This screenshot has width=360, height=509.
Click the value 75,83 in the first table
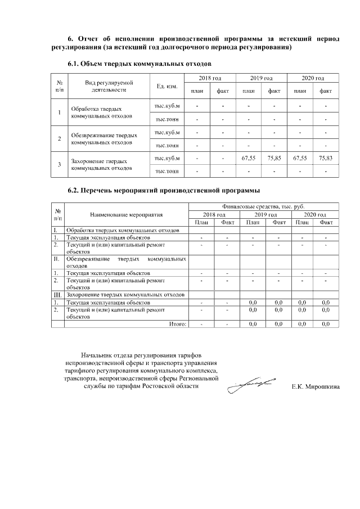(x=326, y=159)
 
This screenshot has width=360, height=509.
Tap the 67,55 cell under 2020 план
(x=300, y=159)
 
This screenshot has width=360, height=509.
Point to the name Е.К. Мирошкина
(x=316, y=388)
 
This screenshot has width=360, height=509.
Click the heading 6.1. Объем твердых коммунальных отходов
(x=139, y=64)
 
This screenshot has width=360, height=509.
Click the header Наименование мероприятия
(x=125, y=214)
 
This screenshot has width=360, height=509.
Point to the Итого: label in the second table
(x=178, y=324)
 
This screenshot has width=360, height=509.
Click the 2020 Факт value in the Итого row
(x=326, y=324)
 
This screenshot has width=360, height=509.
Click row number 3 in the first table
(x=59, y=164)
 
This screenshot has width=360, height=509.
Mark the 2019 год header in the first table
(x=261, y=78)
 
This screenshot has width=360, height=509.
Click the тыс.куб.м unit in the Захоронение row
(x=167, y=159)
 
